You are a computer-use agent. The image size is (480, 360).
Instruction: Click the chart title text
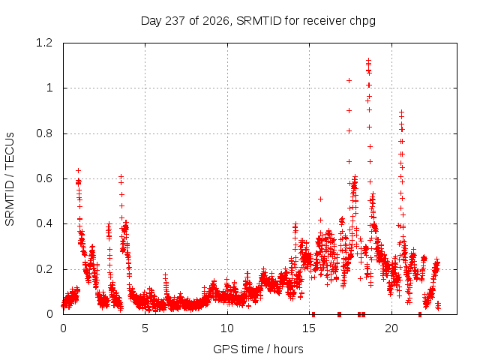pos(258,21)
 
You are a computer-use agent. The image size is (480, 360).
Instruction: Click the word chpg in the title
pos(363,22)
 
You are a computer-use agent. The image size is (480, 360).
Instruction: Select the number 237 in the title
pos(175,21)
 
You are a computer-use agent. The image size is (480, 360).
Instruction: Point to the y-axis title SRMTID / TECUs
pos(10,179)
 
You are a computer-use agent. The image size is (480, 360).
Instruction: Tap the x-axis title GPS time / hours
pos(258,349)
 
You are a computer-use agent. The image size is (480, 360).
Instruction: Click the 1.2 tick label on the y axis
pos(44,43)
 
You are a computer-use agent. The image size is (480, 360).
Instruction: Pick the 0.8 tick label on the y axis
pos(44,133)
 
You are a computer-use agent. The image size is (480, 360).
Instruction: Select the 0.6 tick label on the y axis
pos(44,178)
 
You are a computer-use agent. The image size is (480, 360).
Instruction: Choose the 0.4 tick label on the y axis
pos(44,223)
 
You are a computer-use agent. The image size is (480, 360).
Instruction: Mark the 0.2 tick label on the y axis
pos(44,269)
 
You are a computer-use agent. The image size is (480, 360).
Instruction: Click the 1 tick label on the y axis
pos(49,88)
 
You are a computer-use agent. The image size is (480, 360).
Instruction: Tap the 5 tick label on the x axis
pos(145,328)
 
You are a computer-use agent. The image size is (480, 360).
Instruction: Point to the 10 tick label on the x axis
pos(227,328)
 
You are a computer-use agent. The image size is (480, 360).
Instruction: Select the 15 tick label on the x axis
pos(309,328)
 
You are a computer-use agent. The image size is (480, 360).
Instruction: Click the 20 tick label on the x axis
pos(391,328)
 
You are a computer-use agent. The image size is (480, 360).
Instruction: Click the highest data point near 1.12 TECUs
pos(368,60)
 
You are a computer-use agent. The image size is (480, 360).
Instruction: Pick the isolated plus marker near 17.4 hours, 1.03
pos(349,80)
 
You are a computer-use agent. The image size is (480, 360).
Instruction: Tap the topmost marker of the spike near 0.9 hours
pos(78,170)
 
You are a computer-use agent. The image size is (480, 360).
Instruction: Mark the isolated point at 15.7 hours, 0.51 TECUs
pos(320,199)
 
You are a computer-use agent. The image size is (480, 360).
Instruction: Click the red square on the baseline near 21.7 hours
pos(420,314)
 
